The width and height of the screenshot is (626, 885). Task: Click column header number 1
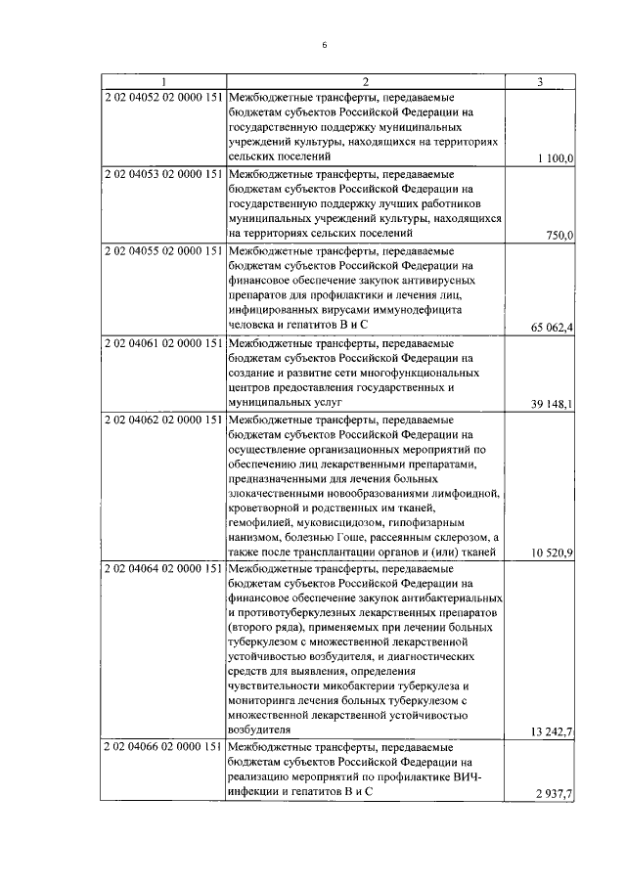[x=164, y=81]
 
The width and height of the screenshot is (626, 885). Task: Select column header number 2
[x=365, y=81]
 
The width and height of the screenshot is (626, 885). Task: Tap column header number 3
[x=539, y=81]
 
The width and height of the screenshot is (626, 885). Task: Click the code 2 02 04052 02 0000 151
[x=164, y=98]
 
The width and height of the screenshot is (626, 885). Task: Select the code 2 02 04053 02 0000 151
[x=164, y=174]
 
